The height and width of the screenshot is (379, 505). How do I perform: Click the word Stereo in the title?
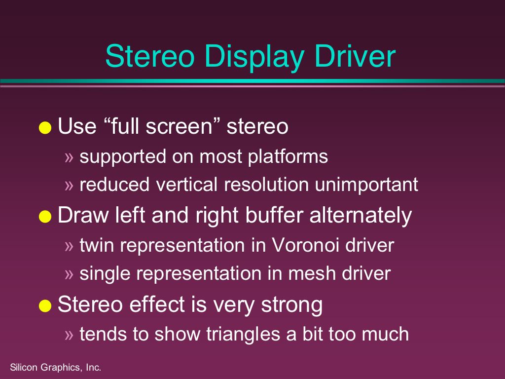click(x=150, y=56)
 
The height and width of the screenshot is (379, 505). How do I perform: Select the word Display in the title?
click(x=254, y=58)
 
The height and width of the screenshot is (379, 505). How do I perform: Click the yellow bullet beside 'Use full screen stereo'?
click(x=45, y=127)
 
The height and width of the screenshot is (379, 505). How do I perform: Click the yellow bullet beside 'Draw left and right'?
click(x=45, y=216)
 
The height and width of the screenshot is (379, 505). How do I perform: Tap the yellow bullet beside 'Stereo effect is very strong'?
click(x=45, y=305)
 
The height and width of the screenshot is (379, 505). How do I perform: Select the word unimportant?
click(x=366, y=185)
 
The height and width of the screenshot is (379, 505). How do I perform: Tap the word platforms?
click(x=288, y=157)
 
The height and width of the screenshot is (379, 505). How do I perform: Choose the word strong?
click(x=292, y=305)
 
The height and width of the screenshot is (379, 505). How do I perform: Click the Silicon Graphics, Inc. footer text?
click(x=56, y=367)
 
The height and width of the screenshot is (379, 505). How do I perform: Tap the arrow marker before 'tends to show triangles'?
click(x=69, y=335)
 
